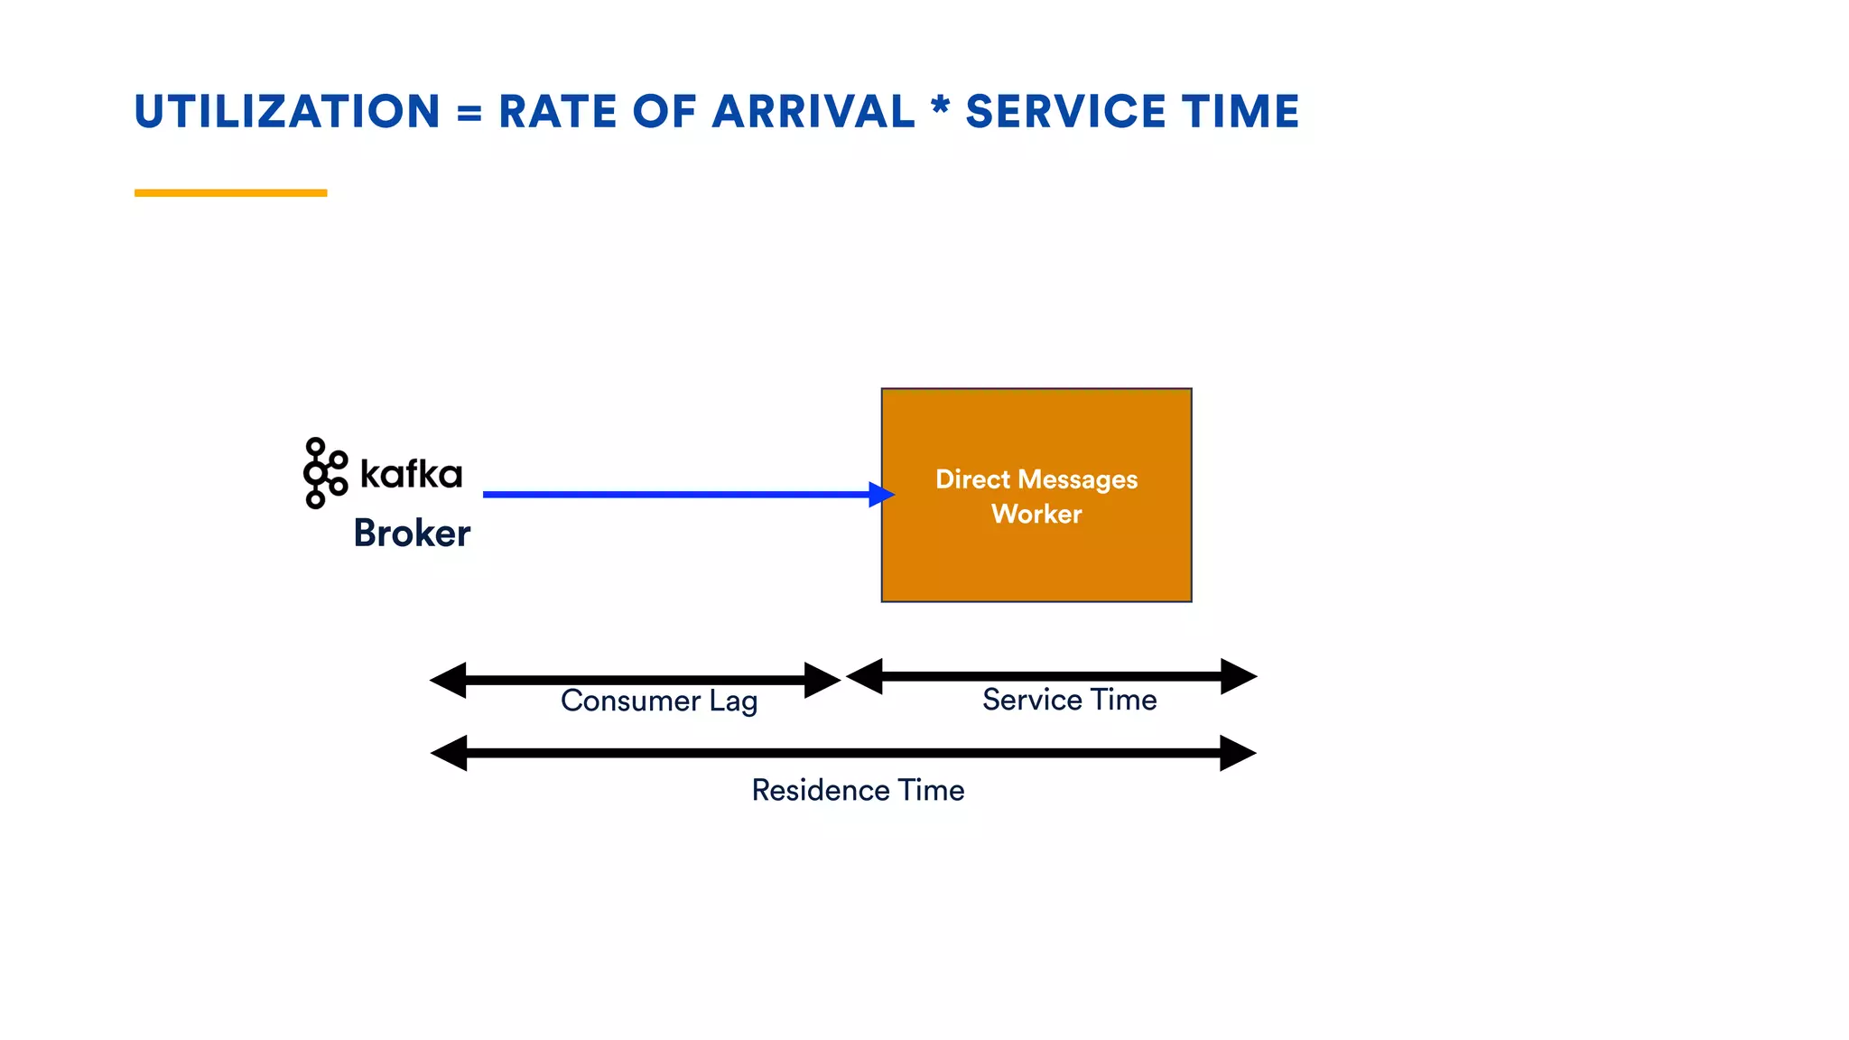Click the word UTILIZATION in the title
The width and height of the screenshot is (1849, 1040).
coord(287,112)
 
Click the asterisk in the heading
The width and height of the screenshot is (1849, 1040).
coord(940,107)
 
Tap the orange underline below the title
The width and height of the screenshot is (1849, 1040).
coord(230,192)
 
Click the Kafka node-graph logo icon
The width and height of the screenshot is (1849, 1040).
coord(324,473)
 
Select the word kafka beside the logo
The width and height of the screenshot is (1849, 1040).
coord(411,473)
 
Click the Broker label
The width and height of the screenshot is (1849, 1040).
coord(412,533)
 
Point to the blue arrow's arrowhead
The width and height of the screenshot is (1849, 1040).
coord(881,494)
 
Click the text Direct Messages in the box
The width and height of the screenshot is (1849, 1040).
coord(1036,479)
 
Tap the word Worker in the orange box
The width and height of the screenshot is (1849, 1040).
coord(1036,514)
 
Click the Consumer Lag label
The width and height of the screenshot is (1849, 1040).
coord(659,701)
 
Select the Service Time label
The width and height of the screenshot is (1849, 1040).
coord(1069,700)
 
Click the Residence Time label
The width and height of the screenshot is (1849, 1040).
coord(858,790)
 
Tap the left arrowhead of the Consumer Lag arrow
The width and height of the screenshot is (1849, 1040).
coord(449,680)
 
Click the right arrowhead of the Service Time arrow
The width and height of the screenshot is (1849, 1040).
coord(1239,676)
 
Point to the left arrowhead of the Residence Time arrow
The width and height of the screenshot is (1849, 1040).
coord(450,753)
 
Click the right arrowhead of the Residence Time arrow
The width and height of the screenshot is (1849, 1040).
coord(1238,753)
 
